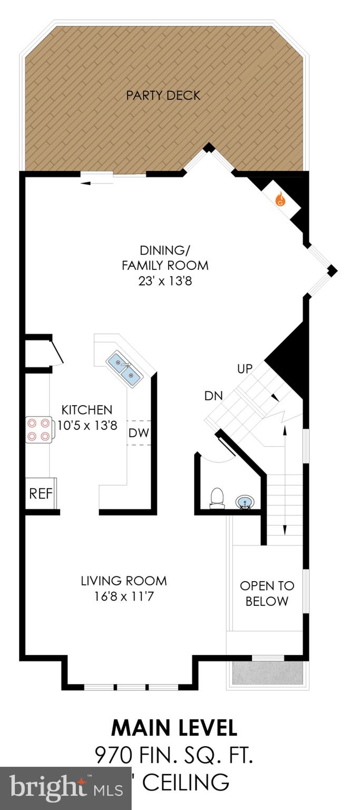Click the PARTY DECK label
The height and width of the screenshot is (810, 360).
click(x=163, y=95)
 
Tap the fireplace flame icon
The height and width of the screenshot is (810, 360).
click(x=280, y=200)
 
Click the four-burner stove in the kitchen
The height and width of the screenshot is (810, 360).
click(x=39, y=429)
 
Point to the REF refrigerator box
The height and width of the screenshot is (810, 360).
click(x=41, y=494)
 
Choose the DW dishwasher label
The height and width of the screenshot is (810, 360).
click(x=139, y=433)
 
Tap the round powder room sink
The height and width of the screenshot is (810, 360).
click(x=244, y=501)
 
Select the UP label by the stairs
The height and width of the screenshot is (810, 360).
click(x=245, y=369)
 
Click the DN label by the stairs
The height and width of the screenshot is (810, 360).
click(x=214, y=396)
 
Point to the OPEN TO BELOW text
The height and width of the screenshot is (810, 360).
click(x=267, y=593)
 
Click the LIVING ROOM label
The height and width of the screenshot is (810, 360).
click(x=124, y=581)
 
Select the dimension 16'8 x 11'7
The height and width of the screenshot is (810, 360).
click(x=124, y=596)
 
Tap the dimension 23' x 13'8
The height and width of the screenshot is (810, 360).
click(x=165, y=281)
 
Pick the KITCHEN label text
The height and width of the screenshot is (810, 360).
click(x=87, y=410)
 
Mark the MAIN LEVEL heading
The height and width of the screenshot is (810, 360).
click(x=174, y=728)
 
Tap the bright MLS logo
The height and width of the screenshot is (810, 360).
click(x=66, y=788)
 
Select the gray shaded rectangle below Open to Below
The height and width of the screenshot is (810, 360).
click(x=267, y=674)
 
